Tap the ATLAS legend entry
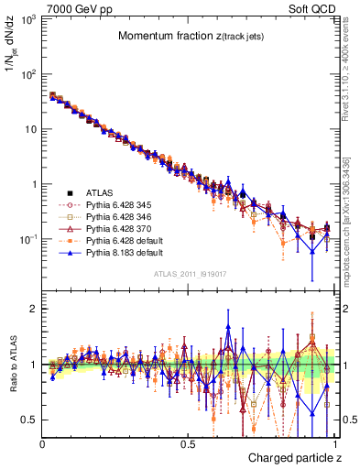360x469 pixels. point(100,192)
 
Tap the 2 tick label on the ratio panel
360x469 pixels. point(33,309)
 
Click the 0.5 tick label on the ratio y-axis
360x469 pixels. point(27,420)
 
